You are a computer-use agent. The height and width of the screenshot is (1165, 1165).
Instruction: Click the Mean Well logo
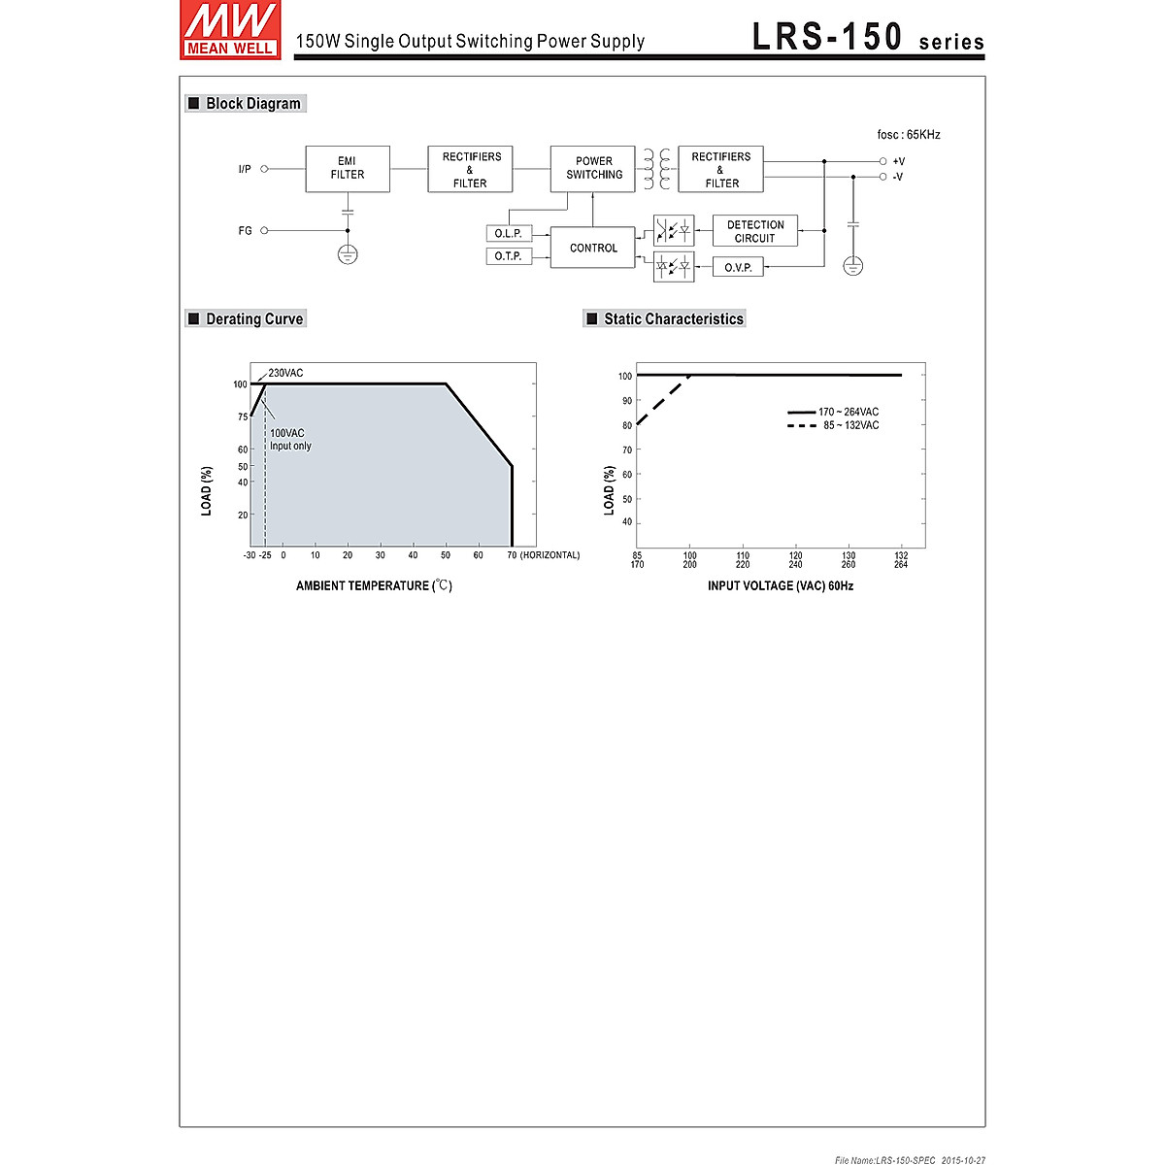pos(230,30)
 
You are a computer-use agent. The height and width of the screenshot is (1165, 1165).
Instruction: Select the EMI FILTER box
pos(348,169)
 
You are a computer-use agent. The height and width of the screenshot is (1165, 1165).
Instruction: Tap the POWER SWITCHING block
pos(592,169)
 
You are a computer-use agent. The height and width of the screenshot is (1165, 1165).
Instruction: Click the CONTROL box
pos(592,248)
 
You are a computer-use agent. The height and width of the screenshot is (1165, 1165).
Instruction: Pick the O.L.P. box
pos(509,233)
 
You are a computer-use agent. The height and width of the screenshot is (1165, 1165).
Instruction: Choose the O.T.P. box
pos(509,256)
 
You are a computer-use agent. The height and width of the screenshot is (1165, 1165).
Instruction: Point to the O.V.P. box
pos(738,267)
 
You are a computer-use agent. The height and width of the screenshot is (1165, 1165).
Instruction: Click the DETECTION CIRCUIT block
pos(755,231)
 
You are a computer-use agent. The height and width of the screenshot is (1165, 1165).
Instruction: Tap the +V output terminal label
pos(898,161)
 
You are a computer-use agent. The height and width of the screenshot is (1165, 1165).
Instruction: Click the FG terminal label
pos(245,230)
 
